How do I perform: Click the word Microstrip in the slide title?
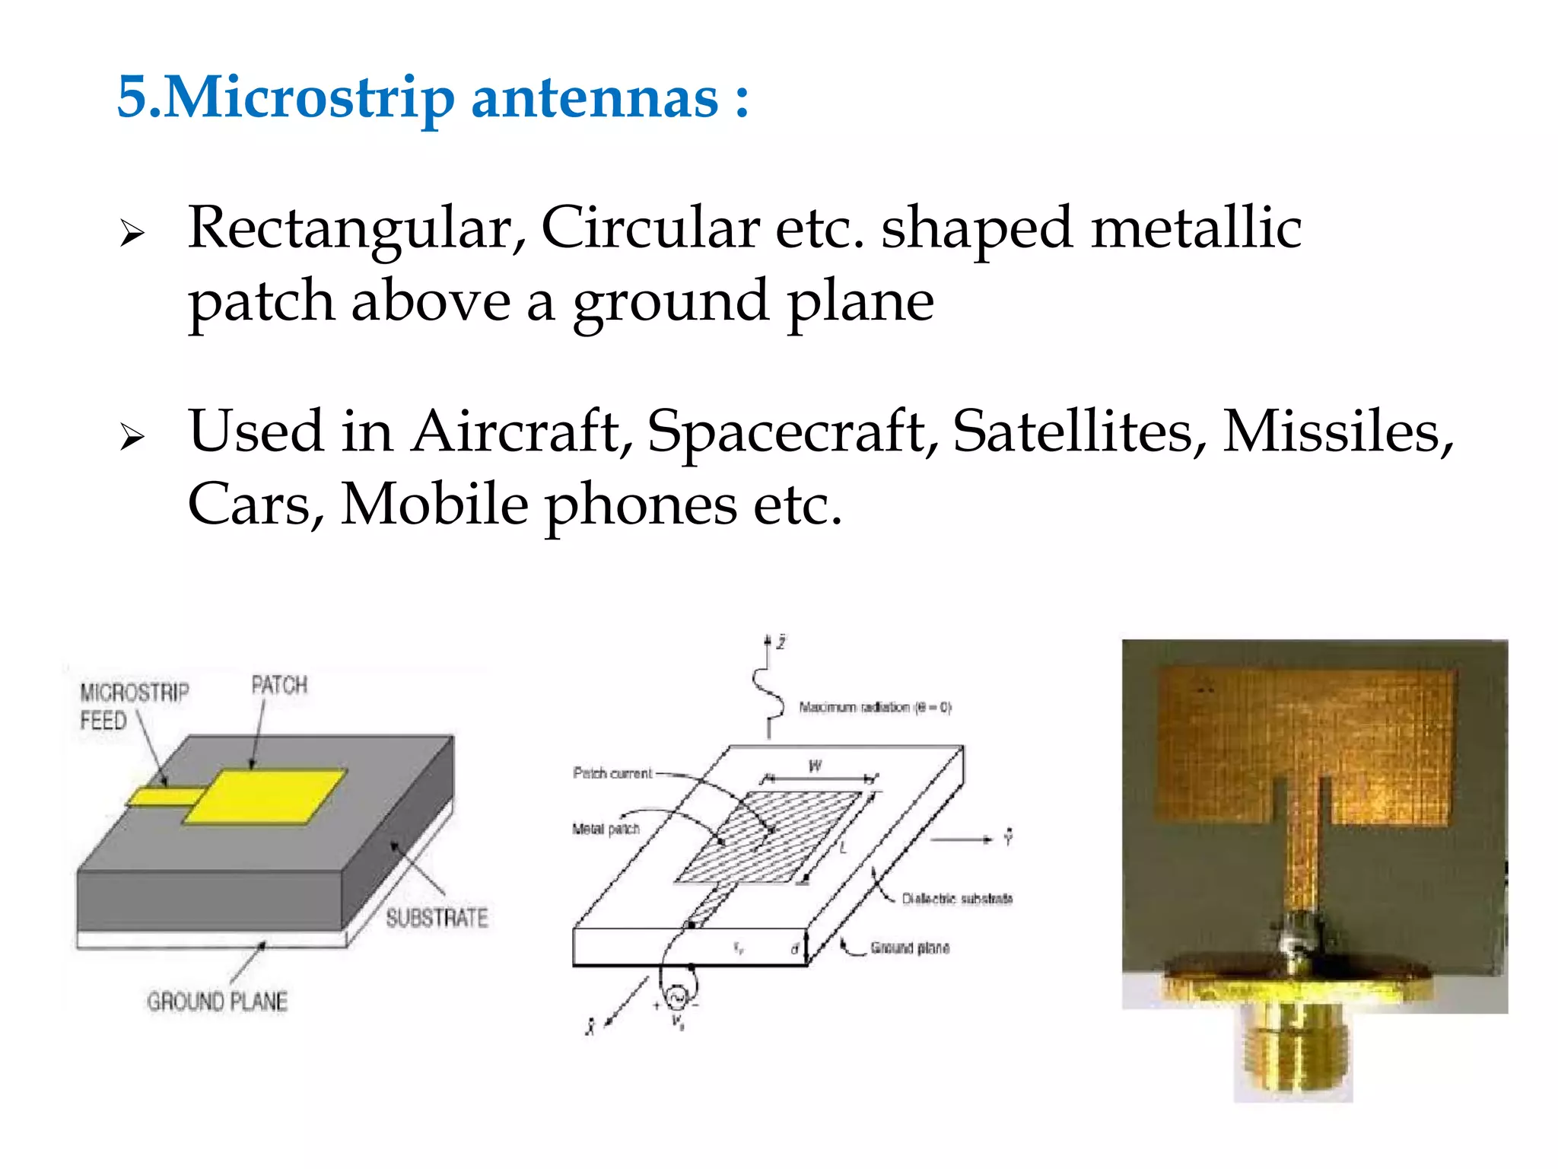(x=308, y=99)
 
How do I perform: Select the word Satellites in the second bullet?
(x=1079, y=432)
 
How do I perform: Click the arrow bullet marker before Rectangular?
(x=132, y=234)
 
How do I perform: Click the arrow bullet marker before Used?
(x=132, y=437)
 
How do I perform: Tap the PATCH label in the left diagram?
(x=279, y=685)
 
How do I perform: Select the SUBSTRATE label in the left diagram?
(x=436, y=918)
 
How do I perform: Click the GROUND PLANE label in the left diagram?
(x=218, y=1001)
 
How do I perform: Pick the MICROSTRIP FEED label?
(x=134, y=706)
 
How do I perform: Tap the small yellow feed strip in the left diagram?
(x=164, y=796)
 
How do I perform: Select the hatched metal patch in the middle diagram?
(x=768, y=837)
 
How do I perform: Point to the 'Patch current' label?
(x=612, y=773)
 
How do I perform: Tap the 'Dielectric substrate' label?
(x=957, y=899)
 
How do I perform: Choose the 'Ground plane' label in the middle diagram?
(x=910, y=948)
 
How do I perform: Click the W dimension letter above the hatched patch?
(x=815, y=766)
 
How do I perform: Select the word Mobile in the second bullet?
(x=434, y=505)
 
